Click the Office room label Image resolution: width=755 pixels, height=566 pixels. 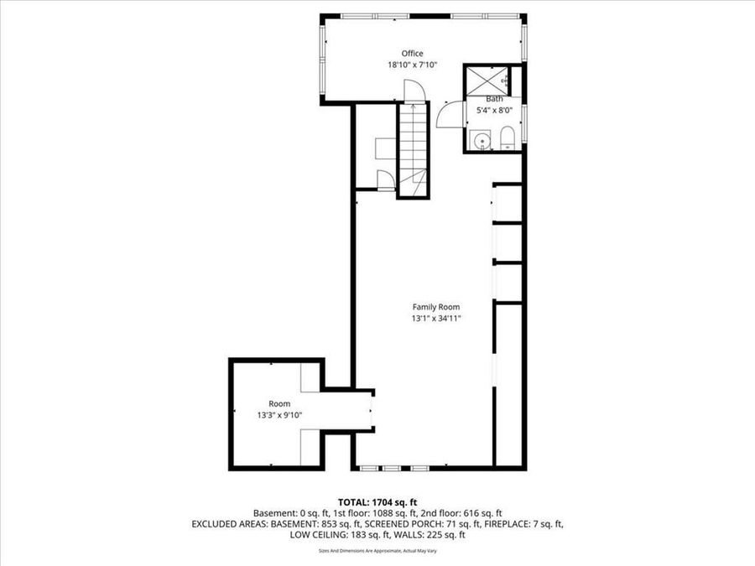point(412,54)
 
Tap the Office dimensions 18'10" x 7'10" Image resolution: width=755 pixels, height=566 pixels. point(412,65)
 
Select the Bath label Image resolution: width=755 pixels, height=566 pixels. point(495,99)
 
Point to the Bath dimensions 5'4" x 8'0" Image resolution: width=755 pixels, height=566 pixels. point(495,109)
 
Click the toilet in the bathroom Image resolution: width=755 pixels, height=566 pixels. point(506,139)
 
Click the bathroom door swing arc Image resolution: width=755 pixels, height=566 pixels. point(448,113)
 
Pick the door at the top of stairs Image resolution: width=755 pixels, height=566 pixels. point(411,91)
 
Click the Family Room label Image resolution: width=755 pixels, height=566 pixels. point(435,307)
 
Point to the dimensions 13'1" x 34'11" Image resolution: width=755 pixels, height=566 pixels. point(435,318)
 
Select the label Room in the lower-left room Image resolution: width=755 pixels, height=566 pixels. point(279,403)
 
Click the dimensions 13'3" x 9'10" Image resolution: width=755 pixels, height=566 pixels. point(279,414)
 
